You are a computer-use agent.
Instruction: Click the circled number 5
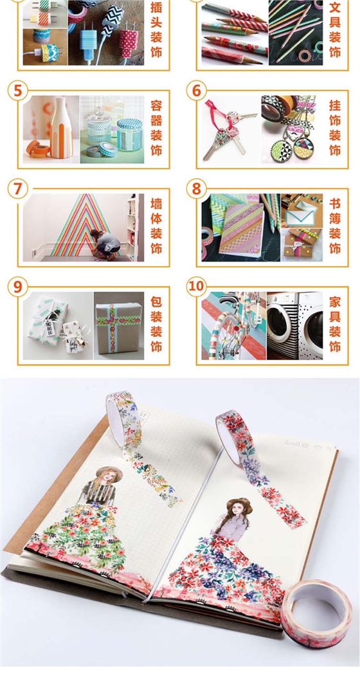click(17, 91)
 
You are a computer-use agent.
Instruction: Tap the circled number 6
click(196, 91)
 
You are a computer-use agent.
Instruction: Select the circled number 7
click(17, 188)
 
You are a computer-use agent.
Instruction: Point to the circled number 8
click(196, 188)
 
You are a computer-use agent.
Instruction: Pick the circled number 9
click(17, 287)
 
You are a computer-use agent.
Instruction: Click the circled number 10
click(196, 287)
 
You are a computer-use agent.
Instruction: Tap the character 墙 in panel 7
click(156, 204)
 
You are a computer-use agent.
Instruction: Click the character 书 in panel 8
click(334, 204)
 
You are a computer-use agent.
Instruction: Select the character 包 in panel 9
click(156, 302)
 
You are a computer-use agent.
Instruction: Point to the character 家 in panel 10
click(334, 302)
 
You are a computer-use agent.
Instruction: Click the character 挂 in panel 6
click(334, 105)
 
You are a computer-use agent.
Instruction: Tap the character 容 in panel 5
click(156, 105)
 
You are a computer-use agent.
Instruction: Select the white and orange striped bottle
click(61, 128)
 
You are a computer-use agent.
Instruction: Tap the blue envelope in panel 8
click(301, 216)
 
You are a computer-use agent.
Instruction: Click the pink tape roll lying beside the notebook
click(316, 612)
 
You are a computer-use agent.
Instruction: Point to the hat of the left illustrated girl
click(109, 472)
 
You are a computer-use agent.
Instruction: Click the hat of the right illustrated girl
click(239, 503)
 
